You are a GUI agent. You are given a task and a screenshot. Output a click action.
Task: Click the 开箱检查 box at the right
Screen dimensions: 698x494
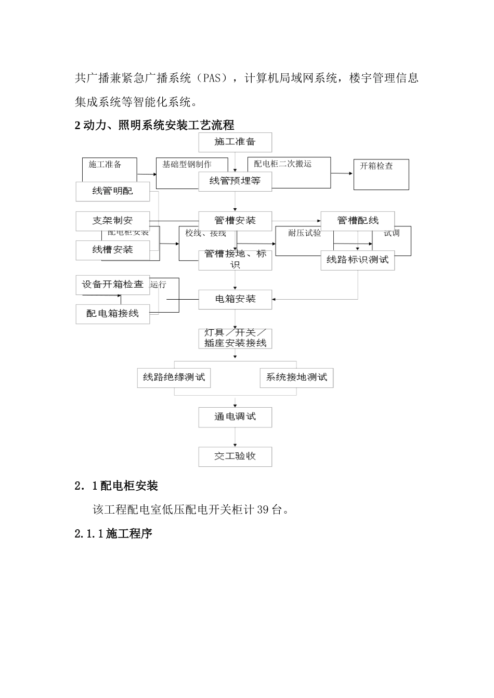pyautogui.click(x=381, y=174)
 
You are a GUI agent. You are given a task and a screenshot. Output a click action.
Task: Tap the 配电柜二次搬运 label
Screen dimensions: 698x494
pyautogui.click(x=283, y=164)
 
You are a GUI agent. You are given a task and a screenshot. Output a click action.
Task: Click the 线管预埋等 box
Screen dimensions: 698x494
pyautogui.click(x=235, y=181)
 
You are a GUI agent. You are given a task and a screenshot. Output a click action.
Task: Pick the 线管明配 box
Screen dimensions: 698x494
pyautogui.click(x=113, y=191)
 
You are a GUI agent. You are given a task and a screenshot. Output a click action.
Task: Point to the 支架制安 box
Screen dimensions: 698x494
pyautogui.click(x=113, y=221)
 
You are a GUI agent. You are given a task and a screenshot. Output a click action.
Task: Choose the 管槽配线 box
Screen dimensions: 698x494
pyautogui.click(x=358, y=221)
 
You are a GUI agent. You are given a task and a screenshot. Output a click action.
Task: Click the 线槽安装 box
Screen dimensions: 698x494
pyautogui.click(x=113, y=250)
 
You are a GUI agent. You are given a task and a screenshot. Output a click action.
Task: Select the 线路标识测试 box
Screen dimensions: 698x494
pyautogui.click(x=358, y=260)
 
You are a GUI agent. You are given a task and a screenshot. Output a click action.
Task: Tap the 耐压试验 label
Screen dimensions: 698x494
pyautogui.click(x=305, y=233)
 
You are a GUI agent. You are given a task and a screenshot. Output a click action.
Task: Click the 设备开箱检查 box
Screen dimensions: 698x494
pyautogui.click(x=113, y=285)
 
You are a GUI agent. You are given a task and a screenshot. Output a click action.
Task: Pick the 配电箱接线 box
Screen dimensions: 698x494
pyautogui.click(x=113, y=314)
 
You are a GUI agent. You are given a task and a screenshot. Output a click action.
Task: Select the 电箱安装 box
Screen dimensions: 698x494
pyautogui.click(x=235, y=299)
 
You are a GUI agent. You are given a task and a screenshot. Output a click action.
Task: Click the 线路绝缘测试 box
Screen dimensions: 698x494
pyautogui.click(x=174, y=378)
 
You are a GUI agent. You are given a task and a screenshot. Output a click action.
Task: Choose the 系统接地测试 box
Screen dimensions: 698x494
pyautogui.click(x=296, y=378)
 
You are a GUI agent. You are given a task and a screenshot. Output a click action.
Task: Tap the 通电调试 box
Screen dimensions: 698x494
pyautogui.click(x=235, y=417)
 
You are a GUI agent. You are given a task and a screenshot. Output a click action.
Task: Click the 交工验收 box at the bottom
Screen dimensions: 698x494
pyautogui.click(x=235, y=457)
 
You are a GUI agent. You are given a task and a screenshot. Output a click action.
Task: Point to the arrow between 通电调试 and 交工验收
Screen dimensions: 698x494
pyautogui.click(x=235, y=437)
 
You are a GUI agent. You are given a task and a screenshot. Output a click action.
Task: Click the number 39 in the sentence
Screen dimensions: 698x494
pyautogui.click(x=263, y=509)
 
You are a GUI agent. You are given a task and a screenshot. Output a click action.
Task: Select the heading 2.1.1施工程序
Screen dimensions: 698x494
pyautogui.click(x=113, y=533)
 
